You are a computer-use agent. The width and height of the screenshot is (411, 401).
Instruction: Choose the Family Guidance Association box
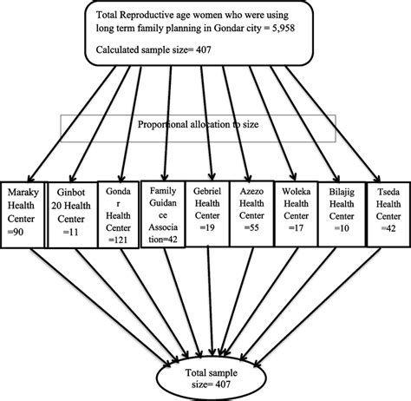click(x=164, y=213)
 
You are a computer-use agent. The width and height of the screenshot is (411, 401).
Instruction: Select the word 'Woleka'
click(x=293, y=189)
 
